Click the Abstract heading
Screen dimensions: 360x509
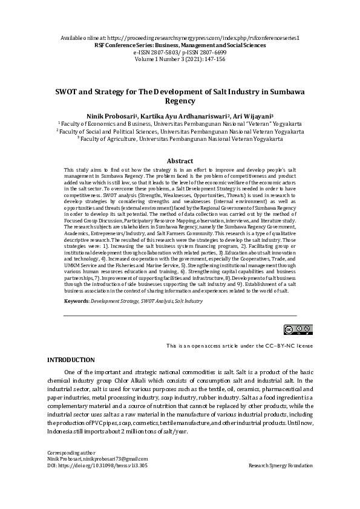click(180, 161)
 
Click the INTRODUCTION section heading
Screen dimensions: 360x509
click(71, 360)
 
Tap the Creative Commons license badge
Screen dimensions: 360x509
click(298, 329)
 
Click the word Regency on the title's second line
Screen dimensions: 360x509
click(180, 102)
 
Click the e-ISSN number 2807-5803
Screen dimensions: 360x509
click(162, 53)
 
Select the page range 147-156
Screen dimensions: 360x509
click(212, 59)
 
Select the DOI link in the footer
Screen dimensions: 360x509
click(97, 466)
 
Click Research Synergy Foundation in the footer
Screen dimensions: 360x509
click(280, 466)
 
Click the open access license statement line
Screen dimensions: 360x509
click(240, 345)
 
